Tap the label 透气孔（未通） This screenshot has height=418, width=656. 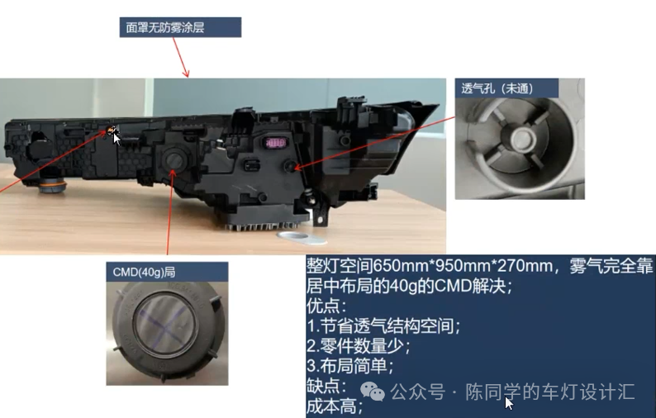(506, 88)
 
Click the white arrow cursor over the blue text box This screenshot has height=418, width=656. (509, 403)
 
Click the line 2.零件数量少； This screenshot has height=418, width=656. (358, 346)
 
